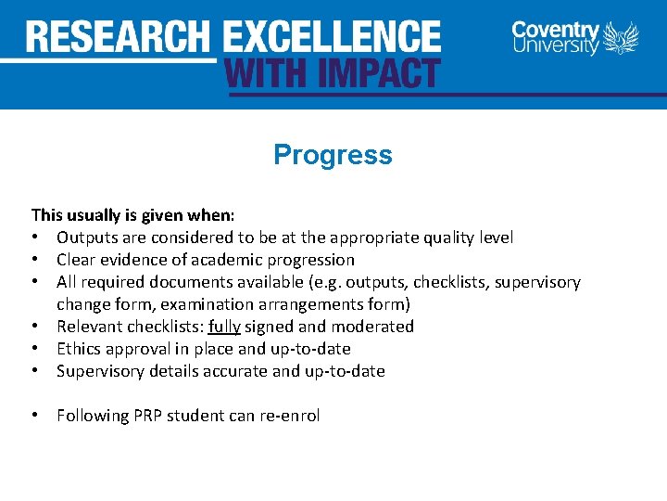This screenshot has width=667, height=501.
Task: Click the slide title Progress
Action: pyautogui.click(x=333, y=154)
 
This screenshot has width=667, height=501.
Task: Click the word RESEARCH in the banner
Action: pyautogui.click(x=119, y=37)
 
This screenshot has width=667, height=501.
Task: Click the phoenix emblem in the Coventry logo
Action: pyautogui.click(x=621, y=39)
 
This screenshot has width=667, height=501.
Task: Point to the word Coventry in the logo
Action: pyautogui.click(x=556, y=30)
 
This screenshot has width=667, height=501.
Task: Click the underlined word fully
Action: pyautogui.click(x=224, y=327)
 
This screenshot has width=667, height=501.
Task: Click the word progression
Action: pyautogui.click(x=308, y=260)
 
